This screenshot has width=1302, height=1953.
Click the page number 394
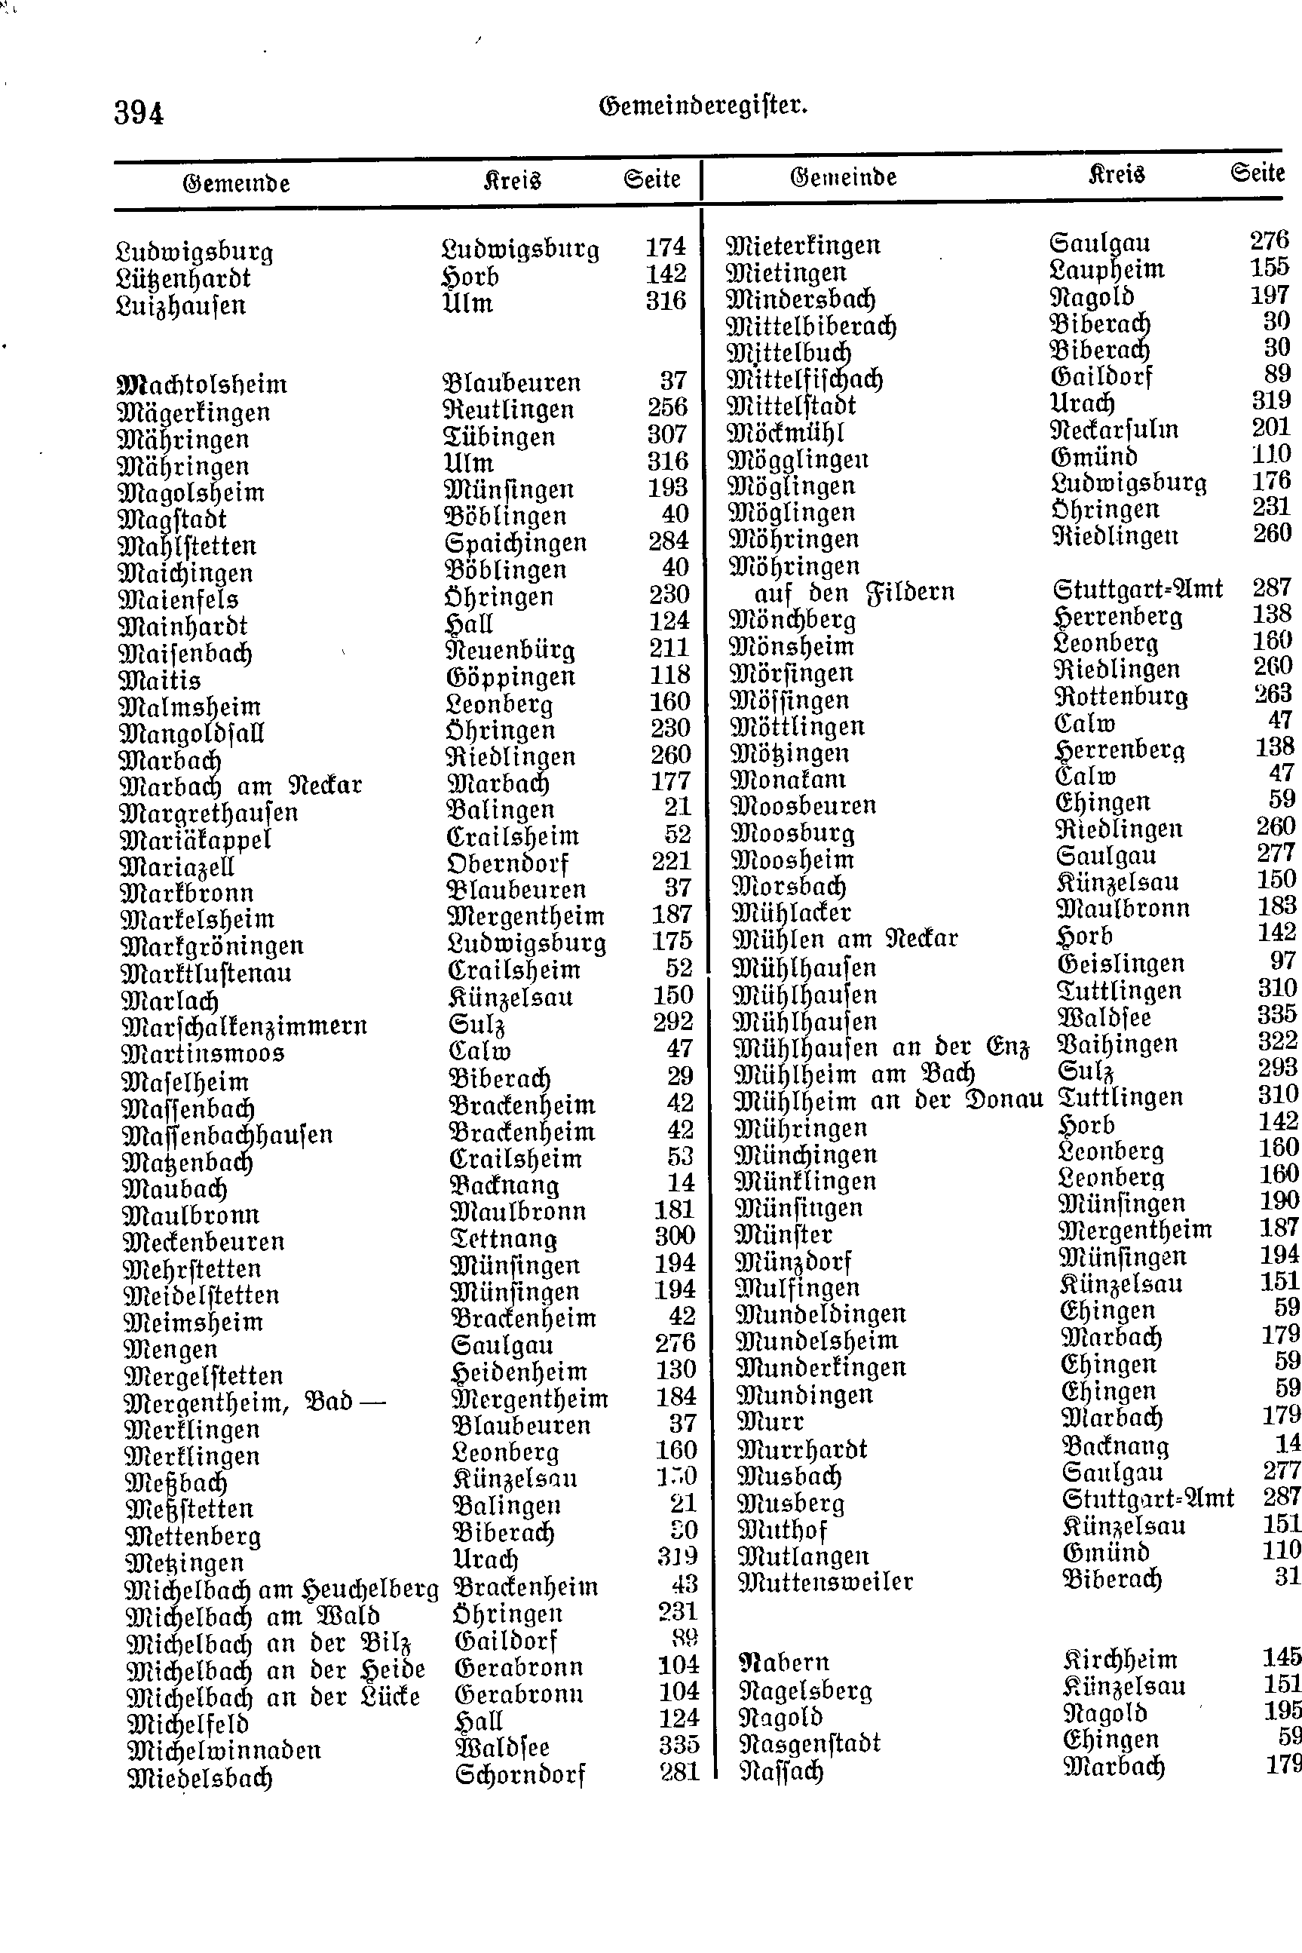pos(139,113)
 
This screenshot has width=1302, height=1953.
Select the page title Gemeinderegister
pos(703,106)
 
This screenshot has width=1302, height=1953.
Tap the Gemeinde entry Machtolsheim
pos(203,385)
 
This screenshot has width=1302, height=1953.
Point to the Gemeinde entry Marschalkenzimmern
pos(244,1027)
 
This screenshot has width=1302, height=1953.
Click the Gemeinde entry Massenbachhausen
pos(227,1135)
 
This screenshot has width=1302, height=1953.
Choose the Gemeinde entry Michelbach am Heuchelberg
pos(280,1590)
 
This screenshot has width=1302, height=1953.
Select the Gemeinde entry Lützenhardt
pos(183,279)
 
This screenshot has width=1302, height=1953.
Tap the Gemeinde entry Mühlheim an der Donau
pos(887,1101)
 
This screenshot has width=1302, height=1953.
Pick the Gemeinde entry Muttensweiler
pos(826,1582)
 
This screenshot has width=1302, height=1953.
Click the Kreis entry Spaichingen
pos(516,543)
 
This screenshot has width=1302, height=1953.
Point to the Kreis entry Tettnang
pos(503,1239)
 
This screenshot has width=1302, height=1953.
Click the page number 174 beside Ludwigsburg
pos(665,247)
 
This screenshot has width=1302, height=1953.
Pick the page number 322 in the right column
pos(1276,1041)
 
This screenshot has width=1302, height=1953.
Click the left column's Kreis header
pos(511,181)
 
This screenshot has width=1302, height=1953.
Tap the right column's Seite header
pos(1258,173)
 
